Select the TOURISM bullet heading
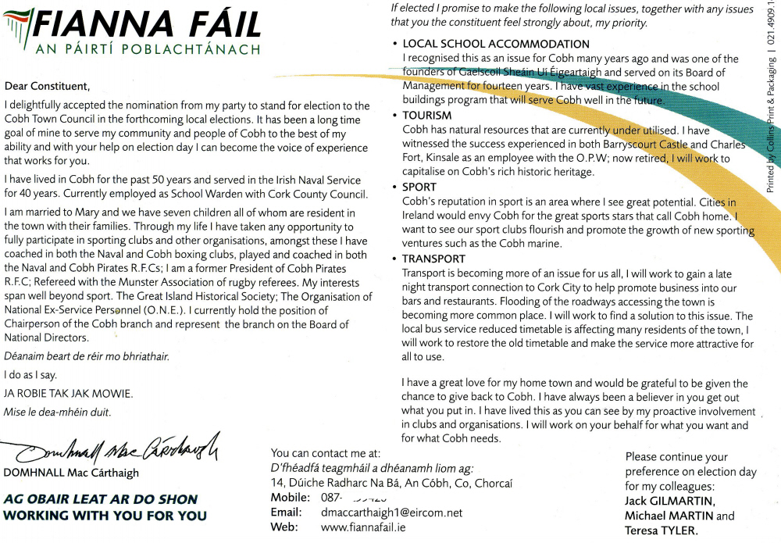point(427,116)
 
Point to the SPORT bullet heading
point(419,188)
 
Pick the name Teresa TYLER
point(661,531)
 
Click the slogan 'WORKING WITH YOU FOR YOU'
point(105,516)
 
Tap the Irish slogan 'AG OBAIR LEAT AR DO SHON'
point(101,499)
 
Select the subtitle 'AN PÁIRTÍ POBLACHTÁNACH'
point(148,50)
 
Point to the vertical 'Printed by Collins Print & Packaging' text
point(772,117)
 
